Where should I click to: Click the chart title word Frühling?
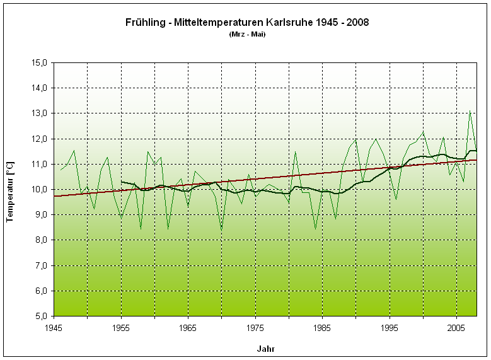click(144, 22)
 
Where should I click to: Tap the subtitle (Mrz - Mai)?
click(248, 34)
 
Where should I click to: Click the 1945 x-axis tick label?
click(54, 328)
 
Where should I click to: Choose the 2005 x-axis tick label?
click(456, 328)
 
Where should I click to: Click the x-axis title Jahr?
click(265, 348)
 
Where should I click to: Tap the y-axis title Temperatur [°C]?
click(10, 189)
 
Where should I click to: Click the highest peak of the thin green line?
click(470, 112)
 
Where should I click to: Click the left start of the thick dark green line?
click(121, 182)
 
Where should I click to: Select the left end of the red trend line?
click(54, 196)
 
